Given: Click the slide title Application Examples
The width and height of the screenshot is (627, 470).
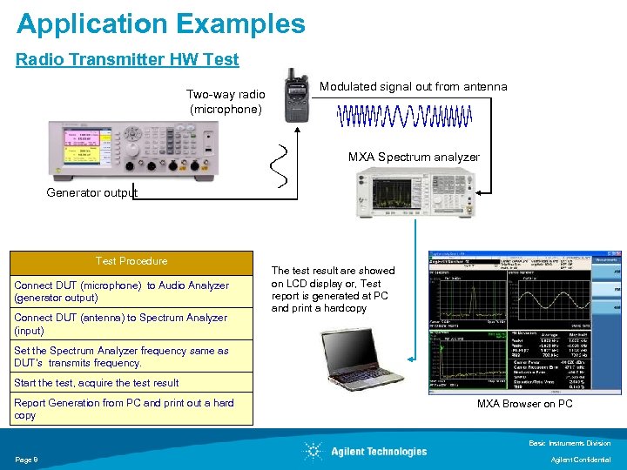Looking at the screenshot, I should [161, 23].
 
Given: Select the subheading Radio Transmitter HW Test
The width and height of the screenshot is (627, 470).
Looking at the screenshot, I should [127, 60].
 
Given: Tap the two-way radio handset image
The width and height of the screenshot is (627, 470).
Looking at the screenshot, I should [297, 97].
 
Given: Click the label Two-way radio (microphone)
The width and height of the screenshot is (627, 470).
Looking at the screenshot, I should [226, 102].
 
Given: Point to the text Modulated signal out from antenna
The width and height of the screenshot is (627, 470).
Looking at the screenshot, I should [413, 86].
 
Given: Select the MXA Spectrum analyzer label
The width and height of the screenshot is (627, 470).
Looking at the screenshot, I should [414, 158].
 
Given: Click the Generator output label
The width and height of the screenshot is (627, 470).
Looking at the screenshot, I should [91, 192].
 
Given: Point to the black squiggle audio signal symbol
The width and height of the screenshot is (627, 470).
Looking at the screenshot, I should [280, 165].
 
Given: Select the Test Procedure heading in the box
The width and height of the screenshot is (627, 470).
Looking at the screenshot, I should [131, 261].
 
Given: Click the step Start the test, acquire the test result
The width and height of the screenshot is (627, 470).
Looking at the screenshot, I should [97, 383].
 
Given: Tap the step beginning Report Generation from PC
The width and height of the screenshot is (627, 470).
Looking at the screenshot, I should [124, 409].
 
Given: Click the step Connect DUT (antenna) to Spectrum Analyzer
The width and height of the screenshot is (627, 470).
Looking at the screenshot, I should [120, 324].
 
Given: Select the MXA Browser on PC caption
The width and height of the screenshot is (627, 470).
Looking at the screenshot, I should [524, 404].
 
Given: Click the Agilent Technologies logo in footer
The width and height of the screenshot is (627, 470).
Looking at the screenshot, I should [365, 451].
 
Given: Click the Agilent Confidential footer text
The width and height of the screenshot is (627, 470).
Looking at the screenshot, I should [582, 460].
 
